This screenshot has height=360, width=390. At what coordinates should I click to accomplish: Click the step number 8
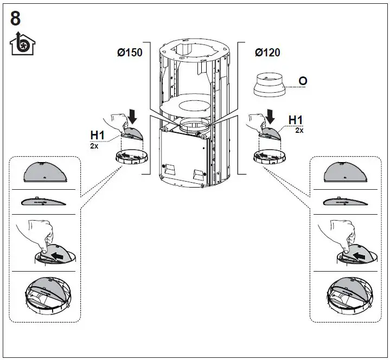coord(16,18)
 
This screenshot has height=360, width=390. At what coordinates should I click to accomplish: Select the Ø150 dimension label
coord(130,54)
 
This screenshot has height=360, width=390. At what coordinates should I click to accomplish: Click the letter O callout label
coord(303,81)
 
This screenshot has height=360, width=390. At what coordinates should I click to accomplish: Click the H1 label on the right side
coord(296,120)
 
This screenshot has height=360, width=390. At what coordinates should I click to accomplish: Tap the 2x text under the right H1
coord(299,131)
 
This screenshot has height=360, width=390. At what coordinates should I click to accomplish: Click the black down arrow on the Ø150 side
coord(133,115)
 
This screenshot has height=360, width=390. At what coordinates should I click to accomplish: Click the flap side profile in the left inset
coord(44,202)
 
